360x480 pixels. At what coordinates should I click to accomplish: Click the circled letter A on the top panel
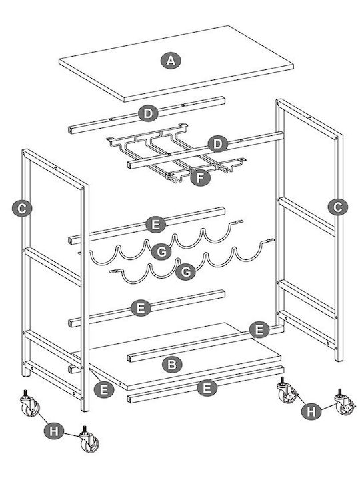click(171, 61)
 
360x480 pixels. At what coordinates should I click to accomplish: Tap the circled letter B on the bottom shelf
click(172, 365)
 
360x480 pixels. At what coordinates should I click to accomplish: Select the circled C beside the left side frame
click(22, 209)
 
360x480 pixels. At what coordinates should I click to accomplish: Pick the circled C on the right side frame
click(337, 207)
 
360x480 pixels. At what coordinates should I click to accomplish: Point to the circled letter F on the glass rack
click(200, 178)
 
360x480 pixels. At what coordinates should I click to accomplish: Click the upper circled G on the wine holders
click(161, 252)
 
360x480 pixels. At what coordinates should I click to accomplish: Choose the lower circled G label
click(186, 271)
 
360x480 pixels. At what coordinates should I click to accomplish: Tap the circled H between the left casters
click(53, 431)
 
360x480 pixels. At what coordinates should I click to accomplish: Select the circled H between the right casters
click(311, 412)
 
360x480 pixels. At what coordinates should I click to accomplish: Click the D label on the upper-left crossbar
click(148, 114)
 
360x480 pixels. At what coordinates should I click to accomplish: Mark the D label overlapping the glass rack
click(217, 144)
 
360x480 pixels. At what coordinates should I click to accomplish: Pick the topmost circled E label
click(155, 225)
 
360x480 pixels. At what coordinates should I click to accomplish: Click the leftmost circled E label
click(104, 390)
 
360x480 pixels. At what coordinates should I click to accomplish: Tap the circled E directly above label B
click(141, 308)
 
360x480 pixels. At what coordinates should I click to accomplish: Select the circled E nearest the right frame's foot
click(259, 330)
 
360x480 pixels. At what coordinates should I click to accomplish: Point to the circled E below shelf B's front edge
click(207, 388)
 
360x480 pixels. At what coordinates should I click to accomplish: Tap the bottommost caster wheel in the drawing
click(89, 439)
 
